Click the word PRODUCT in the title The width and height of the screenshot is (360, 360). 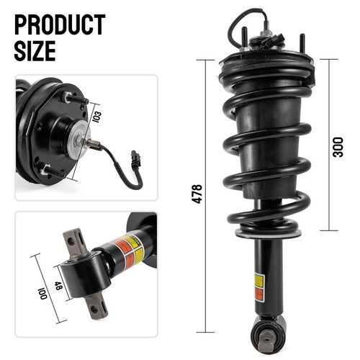click(59, 24)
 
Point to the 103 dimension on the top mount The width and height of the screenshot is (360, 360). click(96, 115)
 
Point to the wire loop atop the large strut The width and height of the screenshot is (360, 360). click(241, 23)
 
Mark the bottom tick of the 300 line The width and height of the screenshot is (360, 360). click(330, 230)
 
